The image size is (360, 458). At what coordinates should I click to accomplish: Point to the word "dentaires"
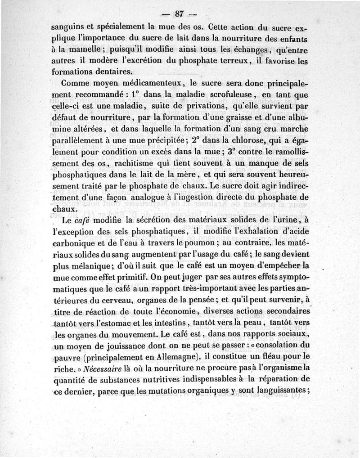tap(112, 71)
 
